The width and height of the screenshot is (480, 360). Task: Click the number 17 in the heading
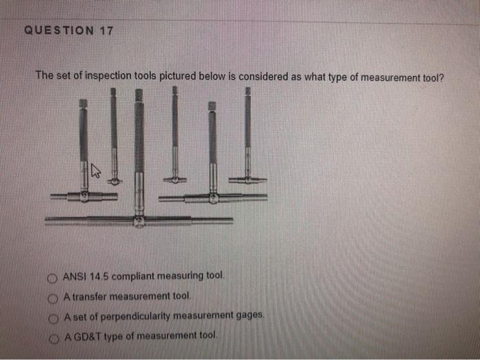[106, 31]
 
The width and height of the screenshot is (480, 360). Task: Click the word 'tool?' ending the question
[431, 78]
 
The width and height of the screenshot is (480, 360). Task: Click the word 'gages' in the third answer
[250, 316]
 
